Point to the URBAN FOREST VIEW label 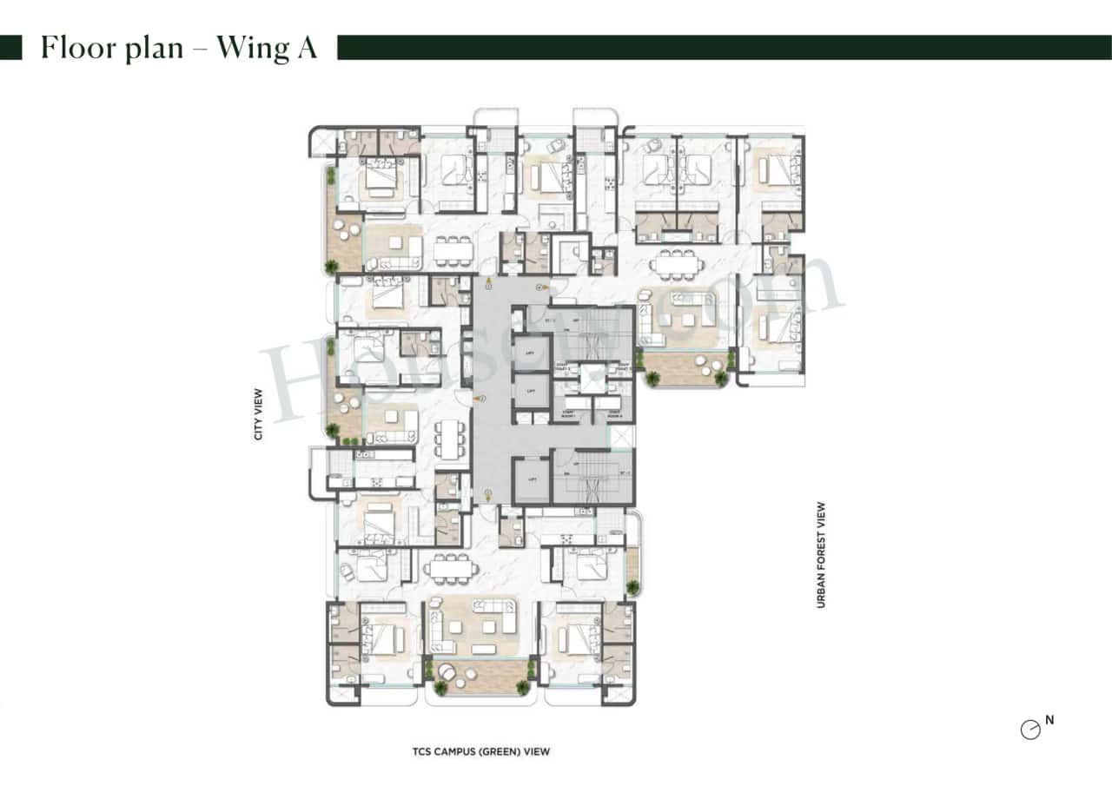(x=820, y=555)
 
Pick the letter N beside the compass (x=1049, y=720)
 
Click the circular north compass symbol (x=1030, y=730)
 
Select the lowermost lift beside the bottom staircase (x=531, y=480)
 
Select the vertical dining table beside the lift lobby (x=448, y=439)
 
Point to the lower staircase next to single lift (x=593, y=478)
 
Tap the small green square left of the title (x=11, y=48)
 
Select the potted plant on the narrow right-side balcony (x=632, y=587)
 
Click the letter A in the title (x=307, y=48)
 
